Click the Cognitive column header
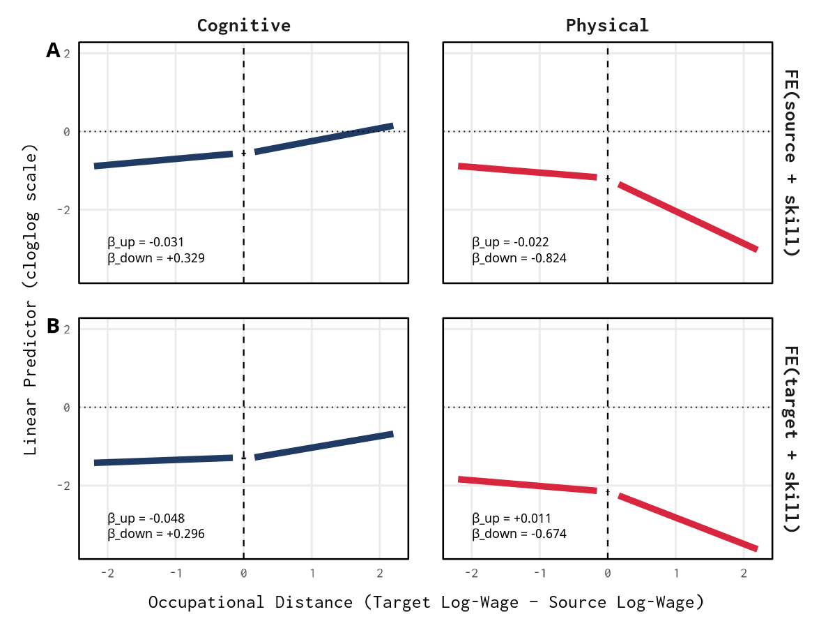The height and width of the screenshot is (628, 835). click(243, 26)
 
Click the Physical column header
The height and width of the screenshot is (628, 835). click(607, 26)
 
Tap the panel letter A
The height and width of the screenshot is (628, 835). click(53, 50)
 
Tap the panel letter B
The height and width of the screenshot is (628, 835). click(53, 326)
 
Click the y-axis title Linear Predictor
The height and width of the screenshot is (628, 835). click(31, 300)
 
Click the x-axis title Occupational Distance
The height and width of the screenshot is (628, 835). click(425, 602)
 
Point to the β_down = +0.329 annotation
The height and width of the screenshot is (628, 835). click(156, 257)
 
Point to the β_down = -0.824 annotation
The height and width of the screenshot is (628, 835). click(519, 257)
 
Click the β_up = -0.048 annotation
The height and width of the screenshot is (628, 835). click(146, 518)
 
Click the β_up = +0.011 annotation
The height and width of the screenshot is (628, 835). click(512, 518)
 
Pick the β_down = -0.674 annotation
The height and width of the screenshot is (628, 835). click(519, 534)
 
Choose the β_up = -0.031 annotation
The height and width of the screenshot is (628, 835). click(146, 242)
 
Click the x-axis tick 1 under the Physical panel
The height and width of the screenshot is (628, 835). click(676, 573)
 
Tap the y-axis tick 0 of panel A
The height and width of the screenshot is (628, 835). click(67, 131)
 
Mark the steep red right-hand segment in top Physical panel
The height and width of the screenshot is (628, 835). click(687, 216)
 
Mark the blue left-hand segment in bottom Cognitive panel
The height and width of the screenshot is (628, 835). click(163, 461)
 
